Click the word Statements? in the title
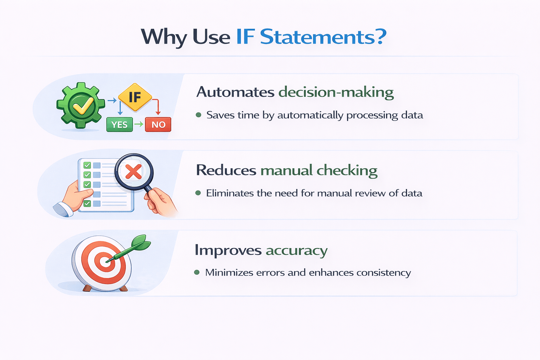click(323, 37)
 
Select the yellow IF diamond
click(135, 97)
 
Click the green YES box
click(120, 124)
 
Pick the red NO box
click(158, 124)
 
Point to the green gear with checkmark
click(81, 105)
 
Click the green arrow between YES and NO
click(139, 124)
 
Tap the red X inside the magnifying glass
click(134, 172)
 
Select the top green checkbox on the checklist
click(87, 165)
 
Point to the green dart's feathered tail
click(141, 242)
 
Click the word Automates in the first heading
click(235, 92)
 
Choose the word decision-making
click(336, 92)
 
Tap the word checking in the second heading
click(347, 171)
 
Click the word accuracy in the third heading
click(296, 251)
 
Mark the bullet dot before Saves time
click(199, 115)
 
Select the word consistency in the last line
click(384, 273)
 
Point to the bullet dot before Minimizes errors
click(197, 272)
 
